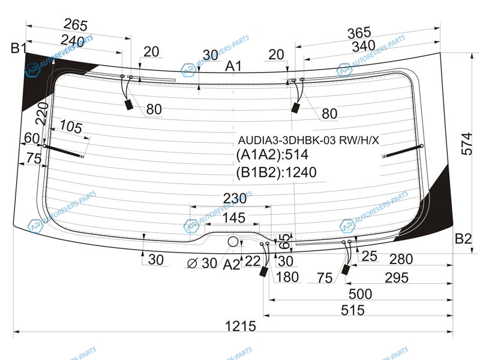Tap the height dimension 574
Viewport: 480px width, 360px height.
(468, 143)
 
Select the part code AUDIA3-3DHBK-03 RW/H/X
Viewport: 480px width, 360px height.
(308, 140)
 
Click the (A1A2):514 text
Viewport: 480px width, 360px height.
(272, 155)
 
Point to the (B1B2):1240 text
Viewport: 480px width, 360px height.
(276, 173)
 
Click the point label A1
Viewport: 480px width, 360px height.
(233, 67)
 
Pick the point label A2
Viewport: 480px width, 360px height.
(232, 264)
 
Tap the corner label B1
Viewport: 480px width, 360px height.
(19, 49)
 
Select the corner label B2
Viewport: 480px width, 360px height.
(463, 239)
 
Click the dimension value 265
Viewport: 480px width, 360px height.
(76, 25)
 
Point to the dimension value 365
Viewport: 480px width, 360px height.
(359, 32)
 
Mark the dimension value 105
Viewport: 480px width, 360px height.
(71, 127)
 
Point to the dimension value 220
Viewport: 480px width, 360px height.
(41, 113)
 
